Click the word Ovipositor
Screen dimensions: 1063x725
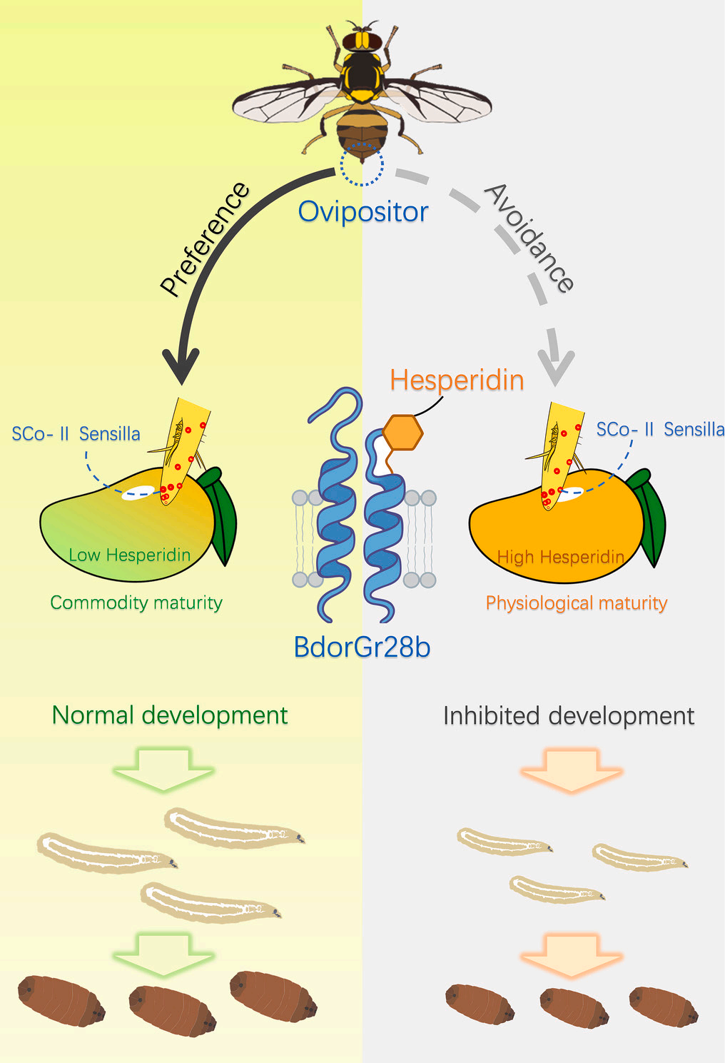point(363,211)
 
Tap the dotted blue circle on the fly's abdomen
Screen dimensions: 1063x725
point(362,164)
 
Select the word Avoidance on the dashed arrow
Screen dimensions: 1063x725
point(529,238)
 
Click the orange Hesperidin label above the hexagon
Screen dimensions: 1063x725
point(457,380)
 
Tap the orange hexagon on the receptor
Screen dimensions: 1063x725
point(403,432)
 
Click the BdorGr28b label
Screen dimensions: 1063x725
point(362,647)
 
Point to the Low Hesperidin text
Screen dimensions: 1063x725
point(129,555)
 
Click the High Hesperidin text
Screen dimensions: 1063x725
point(560,557)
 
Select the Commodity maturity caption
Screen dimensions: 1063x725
point(136,603)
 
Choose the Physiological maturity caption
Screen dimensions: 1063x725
point(576,603)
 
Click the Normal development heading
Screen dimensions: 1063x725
point(170,715)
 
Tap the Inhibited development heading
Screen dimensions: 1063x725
point(568,715)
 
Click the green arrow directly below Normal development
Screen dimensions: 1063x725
point(163,769)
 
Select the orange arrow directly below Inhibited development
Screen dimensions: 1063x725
point(572,770)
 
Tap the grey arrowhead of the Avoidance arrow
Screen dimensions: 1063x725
point(555,366)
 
